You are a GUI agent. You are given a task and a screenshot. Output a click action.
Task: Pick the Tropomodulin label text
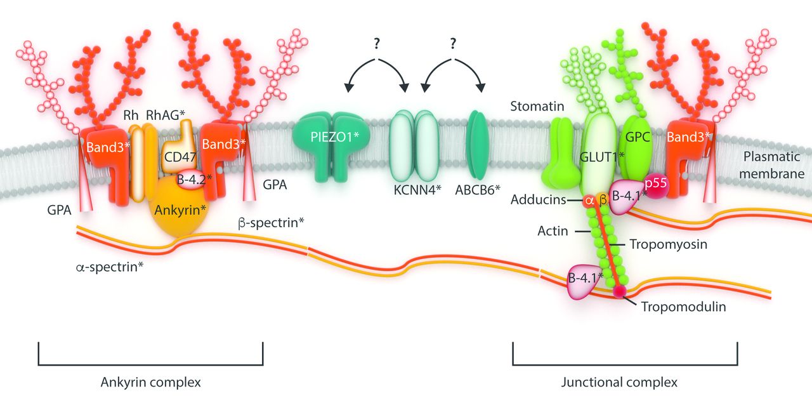pyautogui.click(x=684, y=307)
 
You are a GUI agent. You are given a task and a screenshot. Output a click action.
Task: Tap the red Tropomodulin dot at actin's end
pyautogui.click(x=618, y=292)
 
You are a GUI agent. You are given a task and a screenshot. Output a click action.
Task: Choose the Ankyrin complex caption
pyautogui.click(x=150, y=383)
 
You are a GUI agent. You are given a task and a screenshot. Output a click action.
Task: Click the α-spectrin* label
pyautogui.click(x=105, y=267)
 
